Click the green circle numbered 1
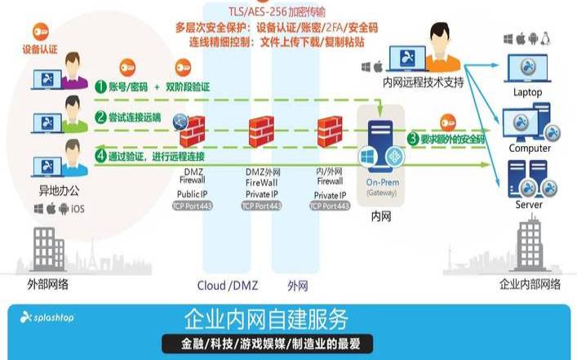[x=100, y=86]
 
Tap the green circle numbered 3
[x=414, y=139]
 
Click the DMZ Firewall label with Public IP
[x=194, y=183]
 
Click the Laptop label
[x=526, y=92]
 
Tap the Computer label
[x=530, y=149]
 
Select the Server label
[x=528, y=204]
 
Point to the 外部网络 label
[x=47, y=284]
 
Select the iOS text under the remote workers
[x=78, y=210]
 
